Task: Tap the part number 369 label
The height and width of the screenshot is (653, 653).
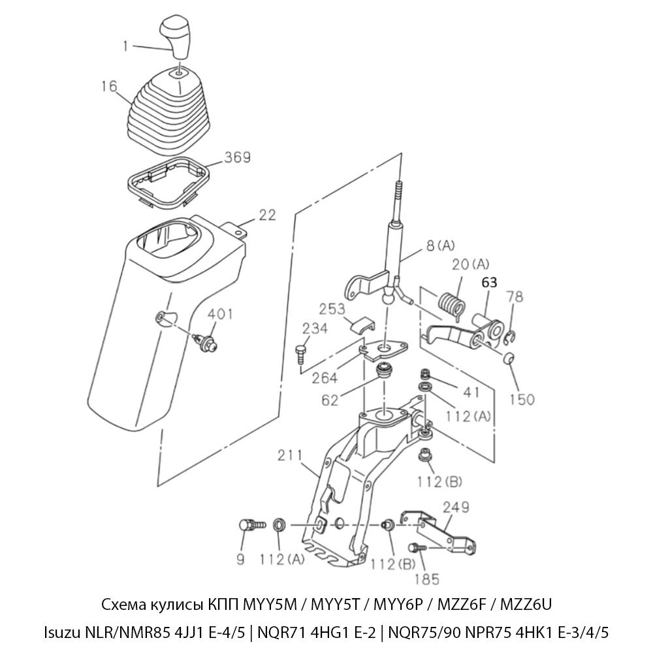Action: (x=238, y=157)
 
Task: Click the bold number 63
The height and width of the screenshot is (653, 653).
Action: (x=490, y=283)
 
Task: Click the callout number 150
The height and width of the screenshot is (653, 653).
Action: (x=522, y=399)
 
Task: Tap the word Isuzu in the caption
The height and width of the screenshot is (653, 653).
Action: (x=61, y=631)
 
